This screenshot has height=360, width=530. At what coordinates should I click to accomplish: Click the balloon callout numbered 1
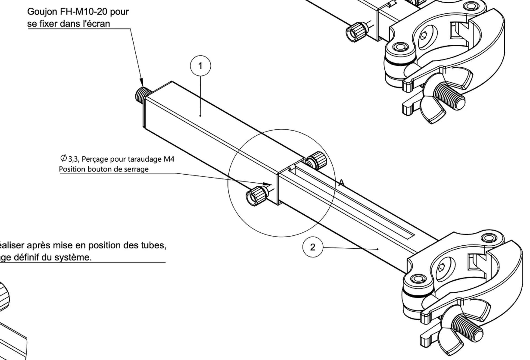click(200, 66)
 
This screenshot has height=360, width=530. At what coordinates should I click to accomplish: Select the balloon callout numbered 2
click(312, 247)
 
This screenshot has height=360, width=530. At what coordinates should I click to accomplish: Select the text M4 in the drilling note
click(169, 159)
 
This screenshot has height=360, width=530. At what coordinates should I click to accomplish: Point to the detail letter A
click(341, 183)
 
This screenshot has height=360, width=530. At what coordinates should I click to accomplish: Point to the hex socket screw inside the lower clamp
click(442, 266)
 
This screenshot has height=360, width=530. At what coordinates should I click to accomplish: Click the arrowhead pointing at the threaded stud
click(142, 83)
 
